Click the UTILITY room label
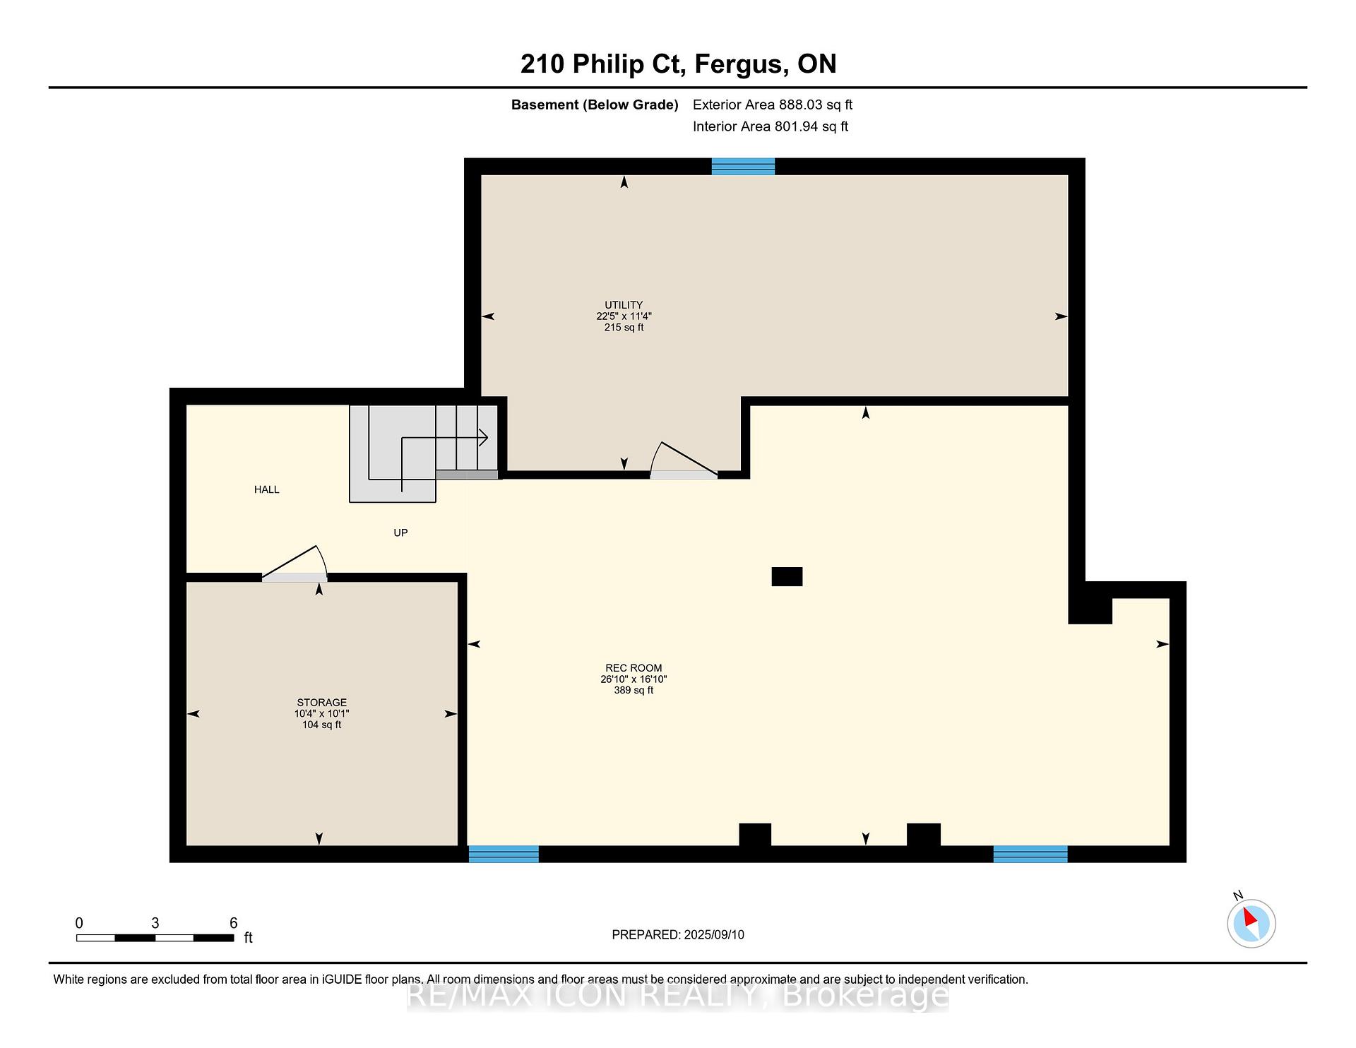click(x=624, y=305)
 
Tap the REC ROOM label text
click(x=634, y=668)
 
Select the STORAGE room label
click(x=321, y=703)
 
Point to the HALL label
click(x=267, y=489)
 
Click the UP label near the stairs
click(x=400, y=532)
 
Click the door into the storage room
click(x=295, y=564)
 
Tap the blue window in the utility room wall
click(x=743, y=167)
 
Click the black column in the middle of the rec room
click(x=787, y=577)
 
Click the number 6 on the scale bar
click(x=234, y=923)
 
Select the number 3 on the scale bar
click(x=155, y=923)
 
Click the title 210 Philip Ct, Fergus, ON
click(x=679, y=64)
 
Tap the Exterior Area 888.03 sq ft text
click(x=773, y=105)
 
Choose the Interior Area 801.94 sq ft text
click(x=771, y=126)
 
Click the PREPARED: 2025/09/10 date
click(x=678, y=935)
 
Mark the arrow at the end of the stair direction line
click(x=483, y=438)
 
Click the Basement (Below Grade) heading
click(x=595, y=105)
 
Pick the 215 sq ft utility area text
click(x=624, y=328)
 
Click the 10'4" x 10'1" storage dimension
click(x=321, y=714)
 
